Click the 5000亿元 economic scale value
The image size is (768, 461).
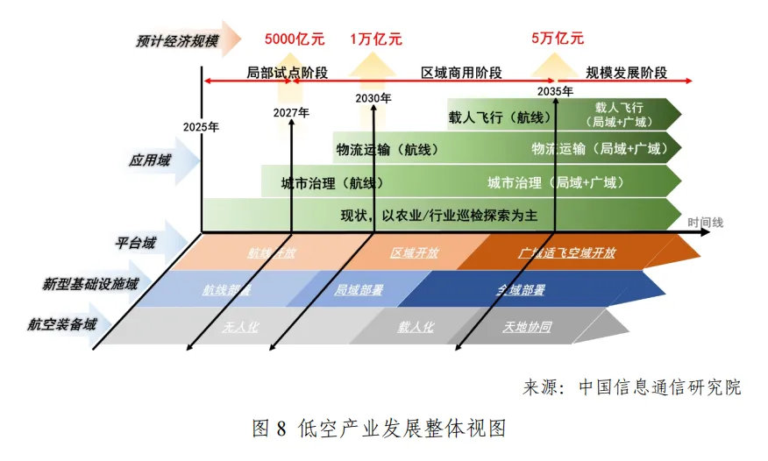(x=295, y=39)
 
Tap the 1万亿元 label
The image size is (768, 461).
(x=376, y=39)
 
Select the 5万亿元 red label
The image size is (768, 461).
(x=558, y=39)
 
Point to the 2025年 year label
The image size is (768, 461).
(x=201, y=127)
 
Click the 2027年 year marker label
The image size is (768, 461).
(x=291, y=113)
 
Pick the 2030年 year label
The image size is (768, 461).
(x=373, y=98)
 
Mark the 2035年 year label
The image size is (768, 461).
(x=555, y=92)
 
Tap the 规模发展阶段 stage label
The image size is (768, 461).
(x=627, y=73)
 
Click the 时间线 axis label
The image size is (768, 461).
(x=706, y=223)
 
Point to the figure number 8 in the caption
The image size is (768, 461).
(x=281, y=429)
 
